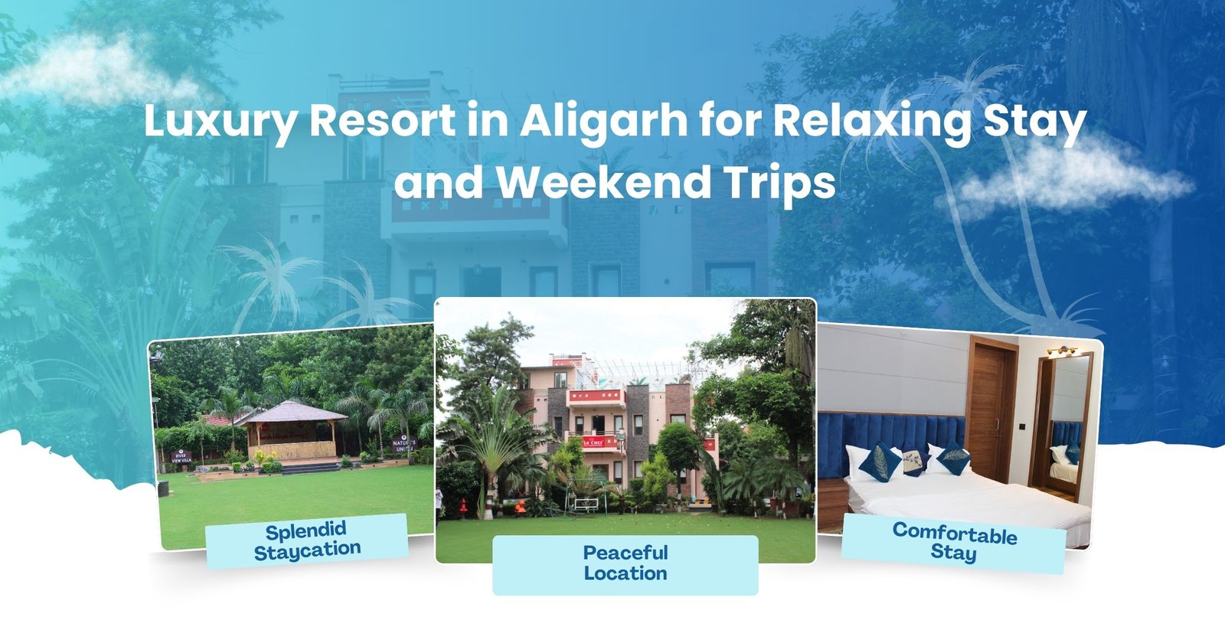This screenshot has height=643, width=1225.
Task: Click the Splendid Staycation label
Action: point(306,540)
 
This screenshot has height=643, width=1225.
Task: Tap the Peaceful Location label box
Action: point(625,564)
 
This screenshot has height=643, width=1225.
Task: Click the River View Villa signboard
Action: point(180,456)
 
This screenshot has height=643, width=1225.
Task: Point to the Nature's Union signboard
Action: point(403,446)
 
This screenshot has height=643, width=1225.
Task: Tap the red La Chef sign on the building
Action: point(593,442)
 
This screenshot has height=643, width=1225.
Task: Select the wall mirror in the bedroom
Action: point(1064,429)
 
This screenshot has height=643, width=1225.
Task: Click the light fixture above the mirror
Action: point(1062,351)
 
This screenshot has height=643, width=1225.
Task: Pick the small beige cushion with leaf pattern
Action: point(910,461)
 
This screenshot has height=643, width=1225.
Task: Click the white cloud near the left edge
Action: point(84,69)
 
